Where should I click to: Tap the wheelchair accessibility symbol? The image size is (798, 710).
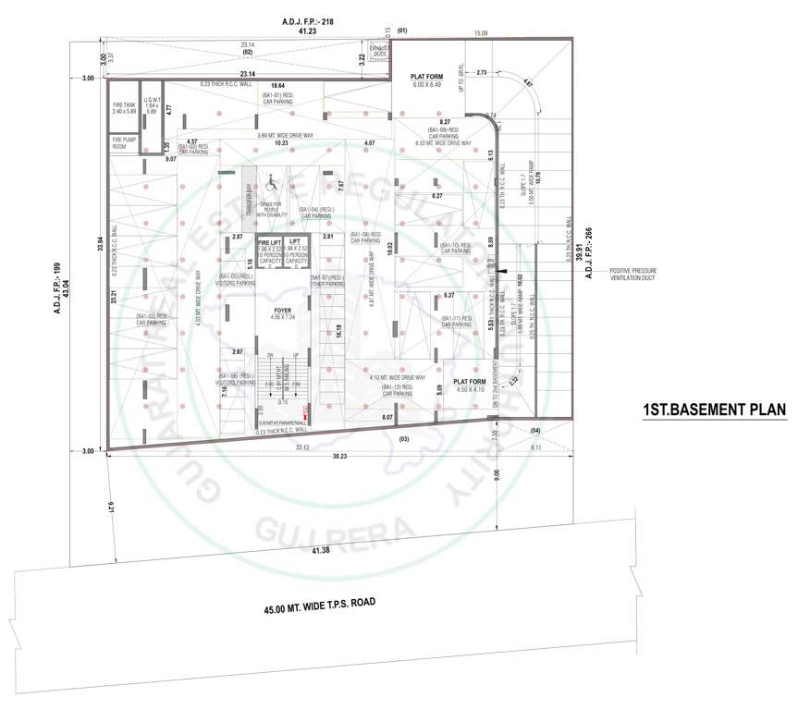[x=271, y=182]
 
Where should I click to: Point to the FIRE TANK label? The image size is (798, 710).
[x=124, y=108]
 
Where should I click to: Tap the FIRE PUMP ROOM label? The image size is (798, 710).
[x=124, y=144]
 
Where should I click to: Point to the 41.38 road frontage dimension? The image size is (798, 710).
[x=321, y=550]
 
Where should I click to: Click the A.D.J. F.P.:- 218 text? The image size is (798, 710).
[x=308, y=19]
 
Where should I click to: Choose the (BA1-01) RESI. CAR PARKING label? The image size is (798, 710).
[x=276, y=98]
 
